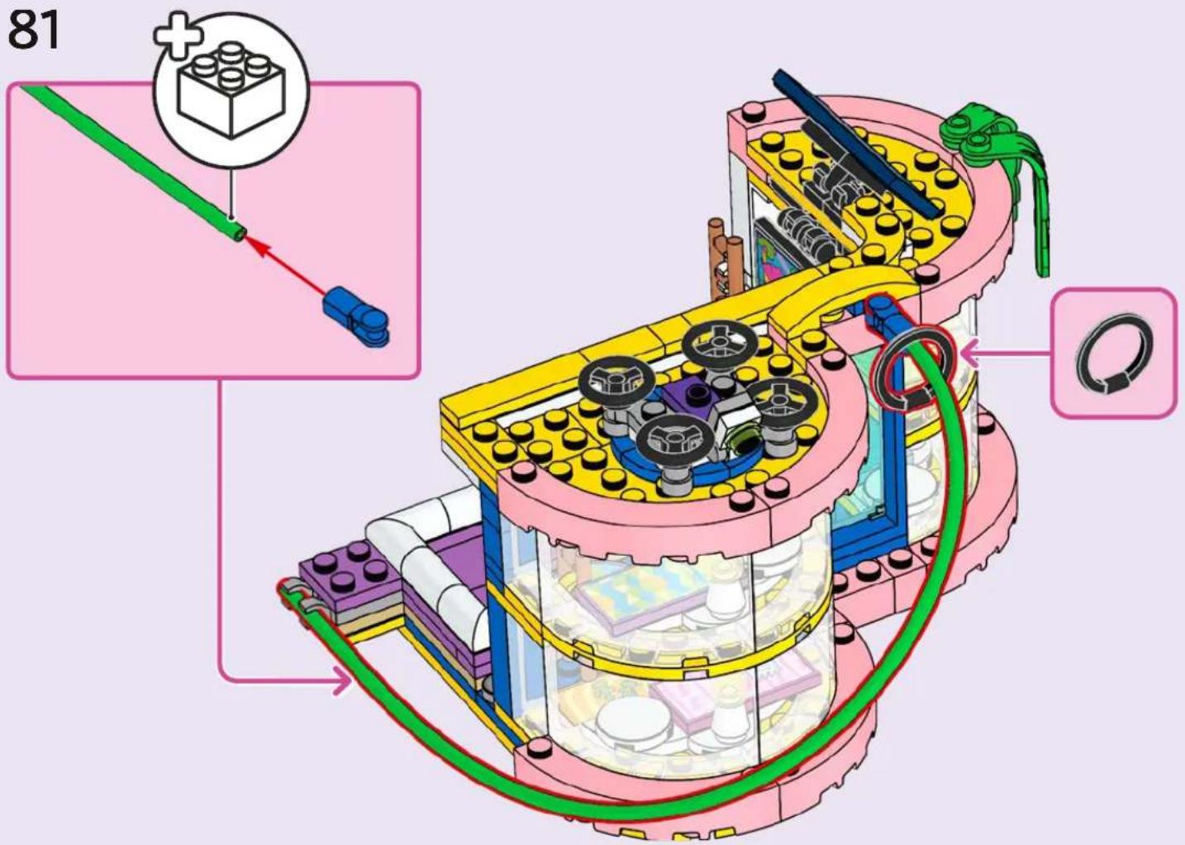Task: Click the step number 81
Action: [33, 30]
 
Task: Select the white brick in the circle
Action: [231, 91]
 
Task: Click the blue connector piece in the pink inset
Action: [356, 316]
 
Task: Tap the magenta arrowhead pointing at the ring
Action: [969, 354]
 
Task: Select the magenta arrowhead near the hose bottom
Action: [343, 680]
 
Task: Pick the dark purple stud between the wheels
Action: [694, 392]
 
